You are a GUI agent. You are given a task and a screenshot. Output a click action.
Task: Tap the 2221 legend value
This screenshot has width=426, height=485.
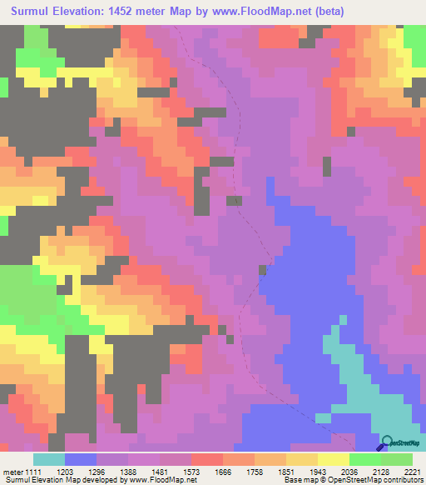[x=413, y=471]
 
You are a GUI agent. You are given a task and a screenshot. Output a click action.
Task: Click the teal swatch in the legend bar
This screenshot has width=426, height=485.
[x=49, y=459]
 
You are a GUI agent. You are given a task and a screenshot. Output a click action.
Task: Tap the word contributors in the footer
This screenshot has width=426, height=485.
[x=401, y=480]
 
